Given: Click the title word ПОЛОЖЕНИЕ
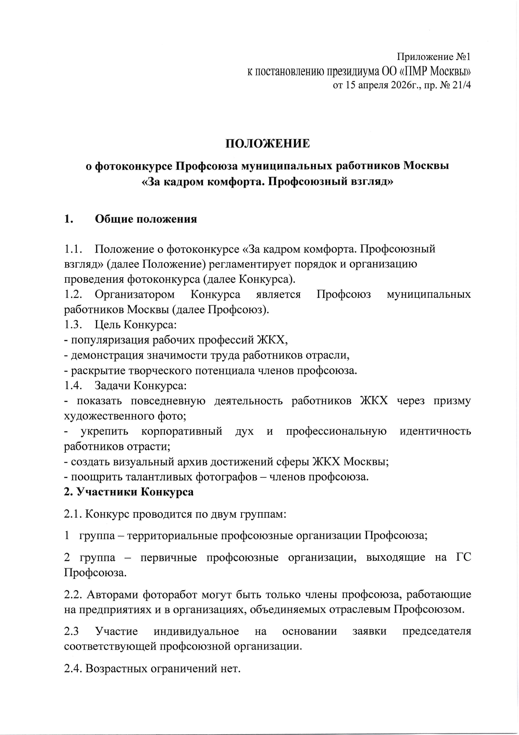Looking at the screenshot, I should (x=268, y=144).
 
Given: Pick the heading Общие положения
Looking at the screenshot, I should (x=146, y=219).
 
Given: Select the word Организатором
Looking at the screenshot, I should (x=135, y=294).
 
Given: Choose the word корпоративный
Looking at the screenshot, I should (x=182, y=431).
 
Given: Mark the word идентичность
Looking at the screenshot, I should (x=435, y=431).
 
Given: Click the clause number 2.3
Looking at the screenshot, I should (x=72, y=631).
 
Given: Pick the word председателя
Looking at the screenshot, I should (x=437, y=631).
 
